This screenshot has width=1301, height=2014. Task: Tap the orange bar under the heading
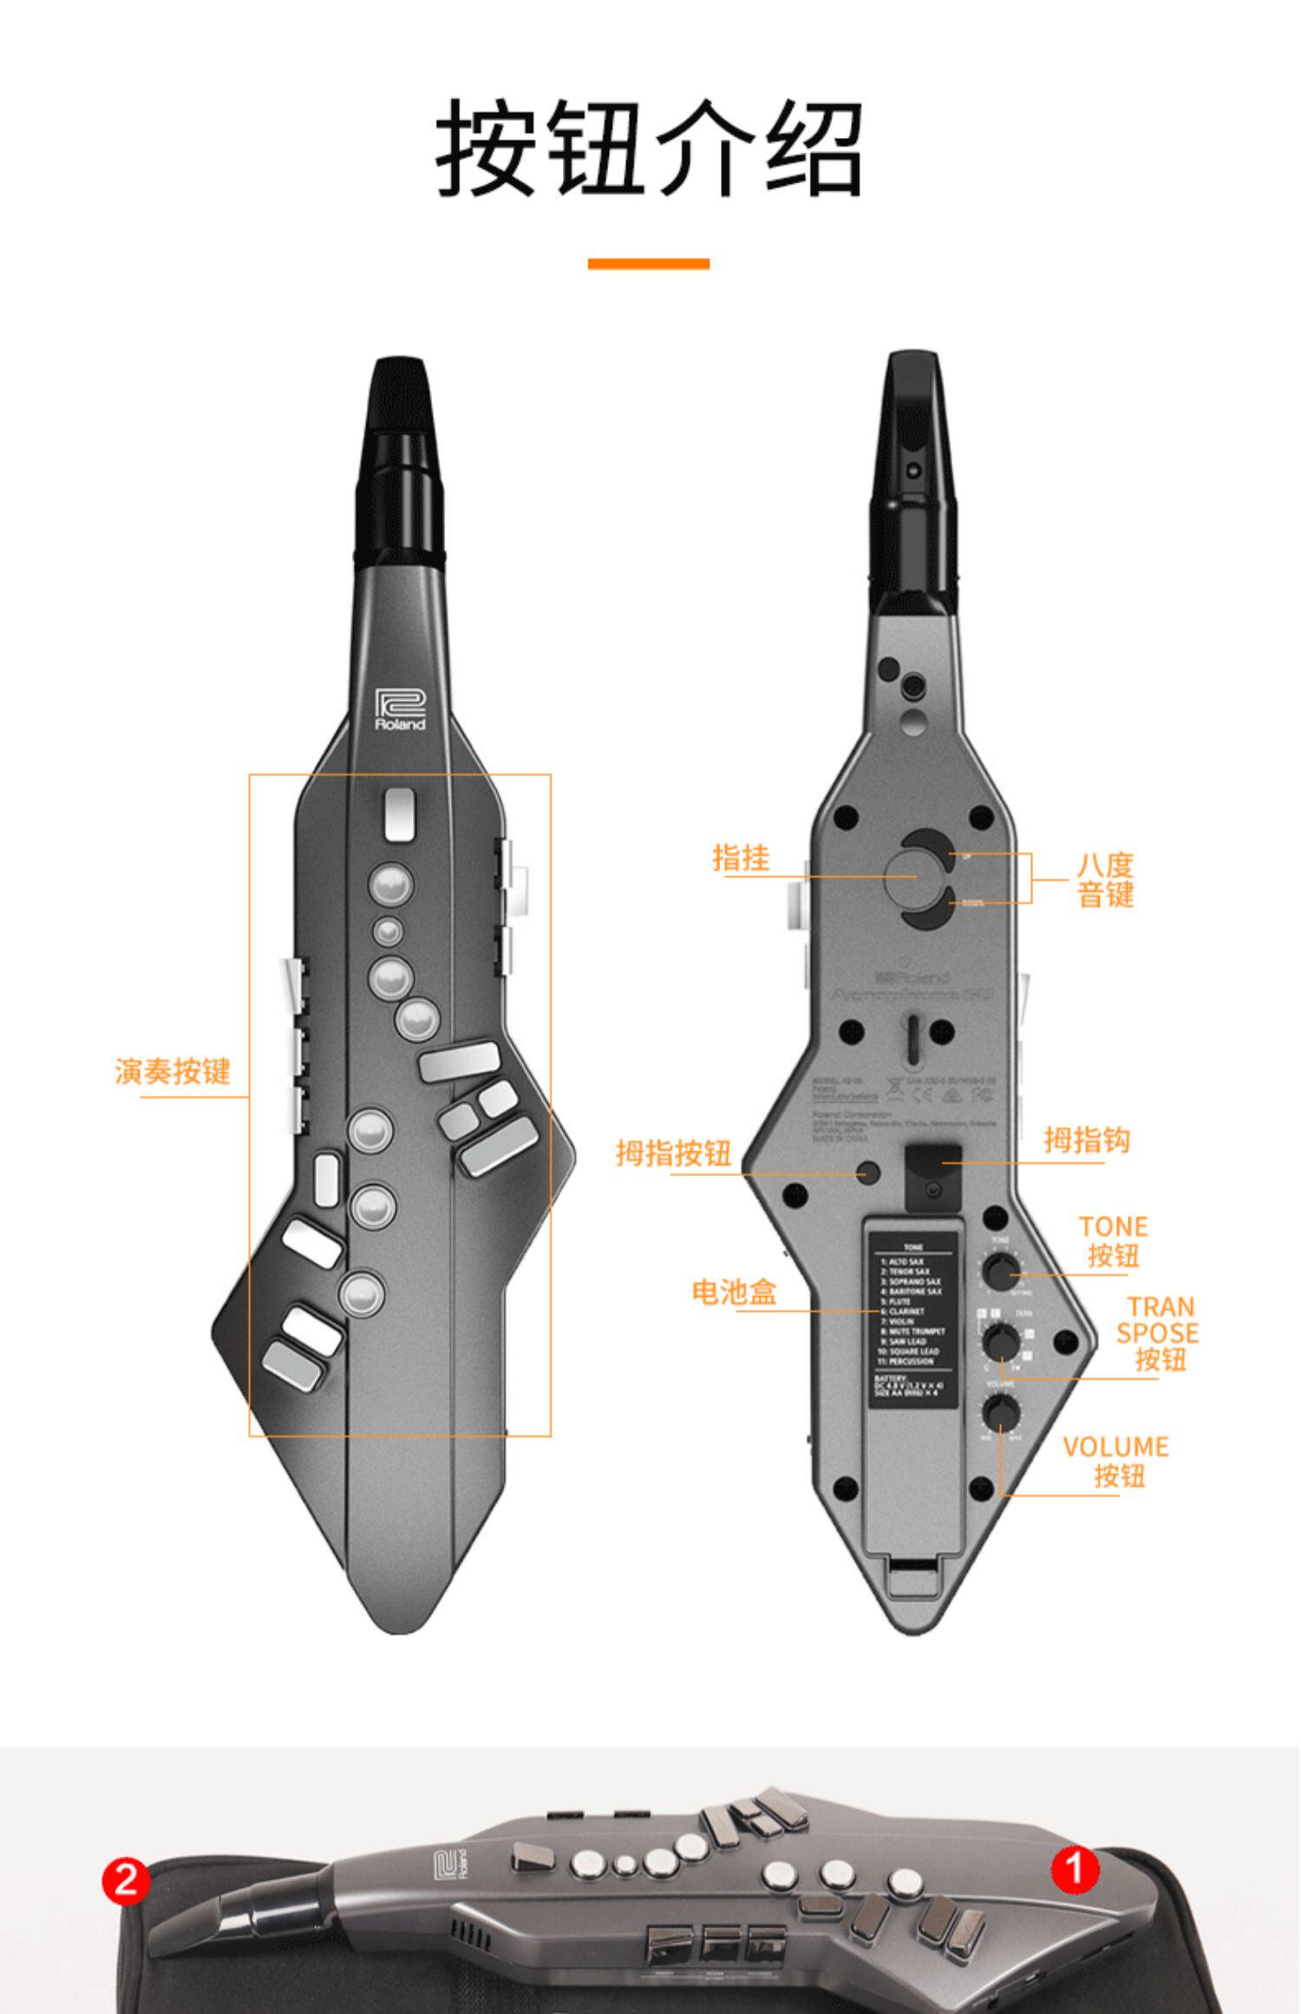click(x=649, y=264)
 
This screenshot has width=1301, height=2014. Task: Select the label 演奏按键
click(x=173, y=1071)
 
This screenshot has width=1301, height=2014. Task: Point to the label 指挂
click(x=741, y=858)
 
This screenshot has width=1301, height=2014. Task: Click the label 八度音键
click(x=1106, y=879)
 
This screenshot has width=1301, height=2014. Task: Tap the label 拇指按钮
click(x=674, y=1153)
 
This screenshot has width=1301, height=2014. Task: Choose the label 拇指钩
click(x=1087, y=1140)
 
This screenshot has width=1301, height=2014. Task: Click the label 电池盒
click(x=734, y=1291)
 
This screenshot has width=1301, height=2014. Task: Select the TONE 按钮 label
click(x=1114, y=1241)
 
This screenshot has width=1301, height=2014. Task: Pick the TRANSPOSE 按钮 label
click(x=1158, y=1332)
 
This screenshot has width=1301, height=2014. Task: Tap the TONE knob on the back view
click(x=1001, y=1270)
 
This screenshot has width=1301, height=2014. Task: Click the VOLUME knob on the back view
click(x=1001, y=1413)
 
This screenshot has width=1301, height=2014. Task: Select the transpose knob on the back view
click(x=1001, y=1342)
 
